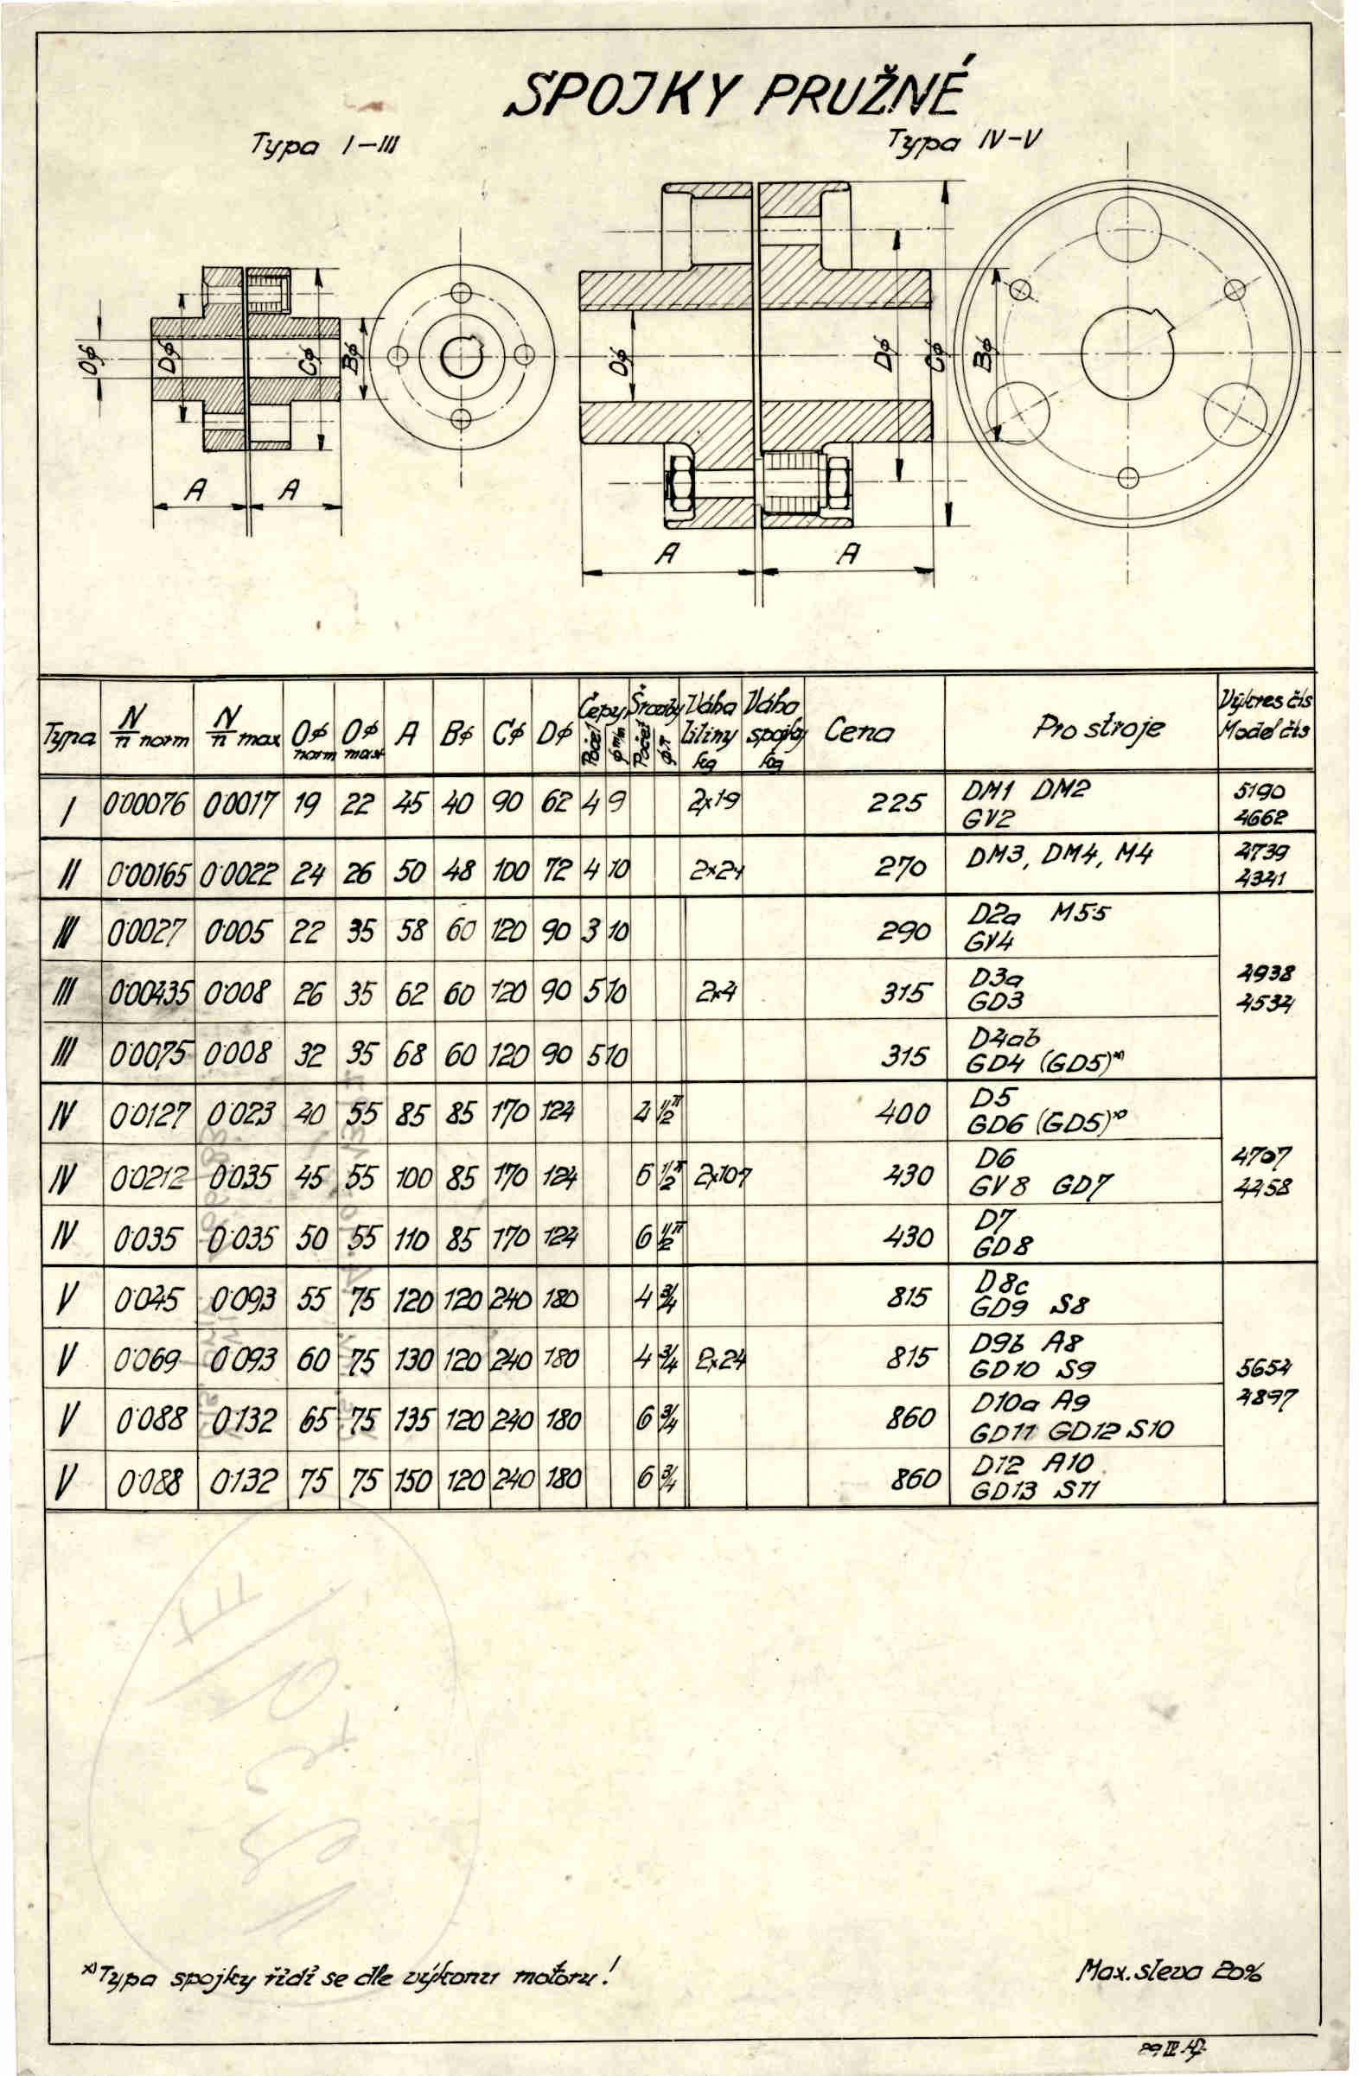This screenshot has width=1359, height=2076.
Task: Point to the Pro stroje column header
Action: tap(1098, 729)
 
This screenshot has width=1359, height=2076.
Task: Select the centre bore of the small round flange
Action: tap(461, 356)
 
